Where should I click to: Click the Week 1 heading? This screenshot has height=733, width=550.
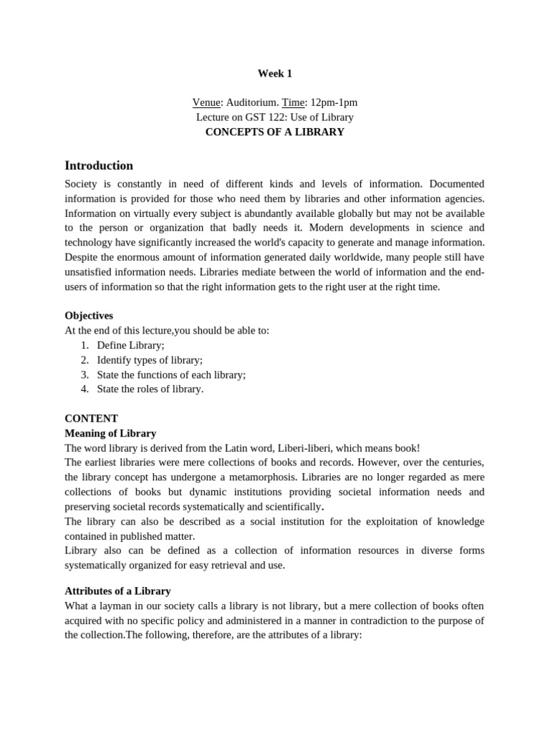point(274,73)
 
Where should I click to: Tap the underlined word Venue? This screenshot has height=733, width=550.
point(206,102)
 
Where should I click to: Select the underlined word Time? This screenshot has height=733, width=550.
point(293,102)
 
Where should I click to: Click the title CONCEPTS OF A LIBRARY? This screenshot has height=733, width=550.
point(274,132)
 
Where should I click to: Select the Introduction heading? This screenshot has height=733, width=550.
point(99,165)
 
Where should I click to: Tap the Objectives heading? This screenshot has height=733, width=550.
point(89,316)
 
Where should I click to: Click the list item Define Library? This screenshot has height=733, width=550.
point(130,345)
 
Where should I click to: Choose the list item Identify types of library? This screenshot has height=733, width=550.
point(150,360)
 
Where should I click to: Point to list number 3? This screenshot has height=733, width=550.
point(84,374)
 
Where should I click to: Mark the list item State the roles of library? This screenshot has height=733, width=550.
point(150,389)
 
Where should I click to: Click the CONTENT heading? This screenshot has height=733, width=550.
point(91,419)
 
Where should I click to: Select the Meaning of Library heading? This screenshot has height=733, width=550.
point(110,433)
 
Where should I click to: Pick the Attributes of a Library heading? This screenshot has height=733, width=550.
point(117,591)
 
